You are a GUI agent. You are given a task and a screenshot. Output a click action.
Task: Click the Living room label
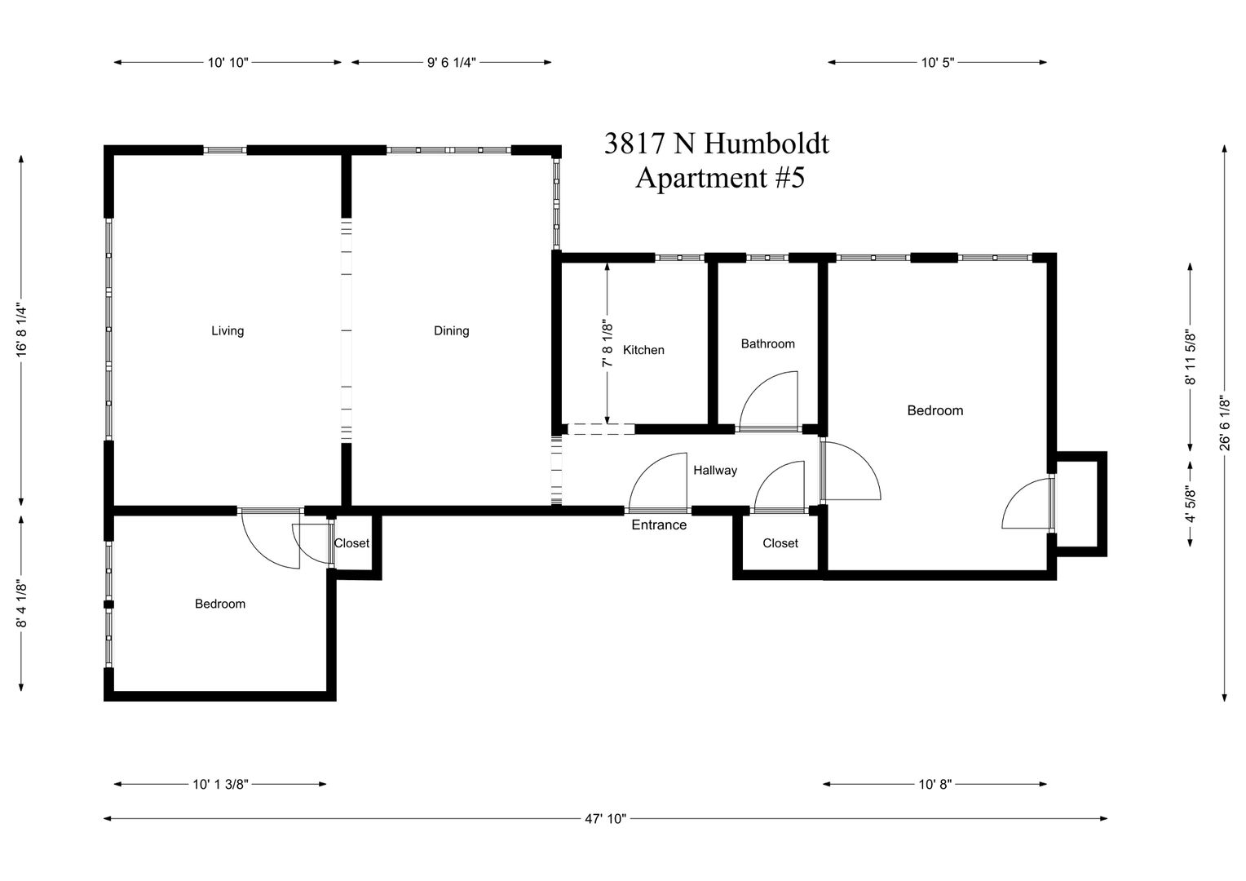(x=228, y=330)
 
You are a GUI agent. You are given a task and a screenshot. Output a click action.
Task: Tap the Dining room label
(x=451, y=330)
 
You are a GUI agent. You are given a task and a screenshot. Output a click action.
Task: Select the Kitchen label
(x=643, y=350)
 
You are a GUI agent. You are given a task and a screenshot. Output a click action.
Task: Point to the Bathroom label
(x=767, y=344)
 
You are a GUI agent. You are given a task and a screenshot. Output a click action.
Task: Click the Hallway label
(x=715, y=471)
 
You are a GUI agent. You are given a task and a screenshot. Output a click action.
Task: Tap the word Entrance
(x=659, y=525)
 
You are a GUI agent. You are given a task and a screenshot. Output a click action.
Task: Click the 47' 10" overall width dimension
(x=605, y=819)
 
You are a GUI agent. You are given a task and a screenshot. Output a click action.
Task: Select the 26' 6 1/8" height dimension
(x=1224, y=423)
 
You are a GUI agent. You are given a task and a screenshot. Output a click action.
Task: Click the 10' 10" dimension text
(x=228, y=62)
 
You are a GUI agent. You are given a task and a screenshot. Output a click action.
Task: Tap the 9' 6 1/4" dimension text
(x=451, y=62)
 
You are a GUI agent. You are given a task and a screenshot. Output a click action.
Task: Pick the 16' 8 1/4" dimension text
(x=21, y=330)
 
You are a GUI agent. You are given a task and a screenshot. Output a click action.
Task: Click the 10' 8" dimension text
(x=935, y=784)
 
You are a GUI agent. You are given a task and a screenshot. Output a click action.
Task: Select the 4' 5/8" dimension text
(x=1190, y=504)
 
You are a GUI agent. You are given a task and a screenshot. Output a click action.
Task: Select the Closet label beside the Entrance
(x=780, y=543)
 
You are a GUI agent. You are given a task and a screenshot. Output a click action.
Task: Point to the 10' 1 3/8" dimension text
(x=220, y=784)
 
